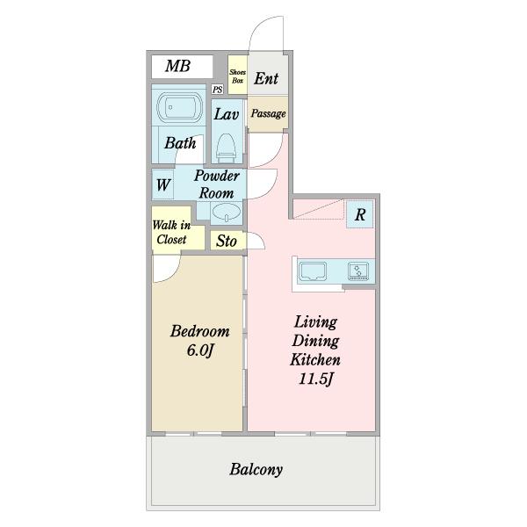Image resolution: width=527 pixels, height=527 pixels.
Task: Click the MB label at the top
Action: [177, 66]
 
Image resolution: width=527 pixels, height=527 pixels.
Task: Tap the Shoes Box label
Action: [238, 76]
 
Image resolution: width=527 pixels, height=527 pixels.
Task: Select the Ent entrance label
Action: [266, 79]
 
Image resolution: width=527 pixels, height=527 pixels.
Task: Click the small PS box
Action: [218, 90]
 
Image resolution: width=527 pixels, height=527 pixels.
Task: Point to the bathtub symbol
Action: [179, 107]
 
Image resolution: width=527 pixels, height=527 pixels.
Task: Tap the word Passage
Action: [268, 113]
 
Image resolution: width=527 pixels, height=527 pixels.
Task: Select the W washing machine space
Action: [163, 184]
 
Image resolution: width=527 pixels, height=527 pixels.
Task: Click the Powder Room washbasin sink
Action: [227, 213]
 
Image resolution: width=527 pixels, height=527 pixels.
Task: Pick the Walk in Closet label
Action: [171, 232]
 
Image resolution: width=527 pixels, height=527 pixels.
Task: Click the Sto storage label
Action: [227, 241]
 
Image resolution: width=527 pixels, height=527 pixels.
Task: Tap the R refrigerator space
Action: [360, 214]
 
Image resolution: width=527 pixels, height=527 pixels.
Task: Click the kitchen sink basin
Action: [313, 271]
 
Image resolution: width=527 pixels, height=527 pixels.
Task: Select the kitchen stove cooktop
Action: [358, 271]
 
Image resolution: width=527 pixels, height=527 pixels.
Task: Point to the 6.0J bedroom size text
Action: [200, 350]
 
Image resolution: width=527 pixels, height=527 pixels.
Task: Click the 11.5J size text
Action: [315, 379]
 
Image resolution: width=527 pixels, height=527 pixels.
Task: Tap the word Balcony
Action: [256, 470]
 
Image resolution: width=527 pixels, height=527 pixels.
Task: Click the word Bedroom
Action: [200, 331]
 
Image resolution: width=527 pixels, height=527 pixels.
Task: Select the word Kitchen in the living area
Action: [315, 359]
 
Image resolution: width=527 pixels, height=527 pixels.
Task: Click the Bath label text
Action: [180, 143]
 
